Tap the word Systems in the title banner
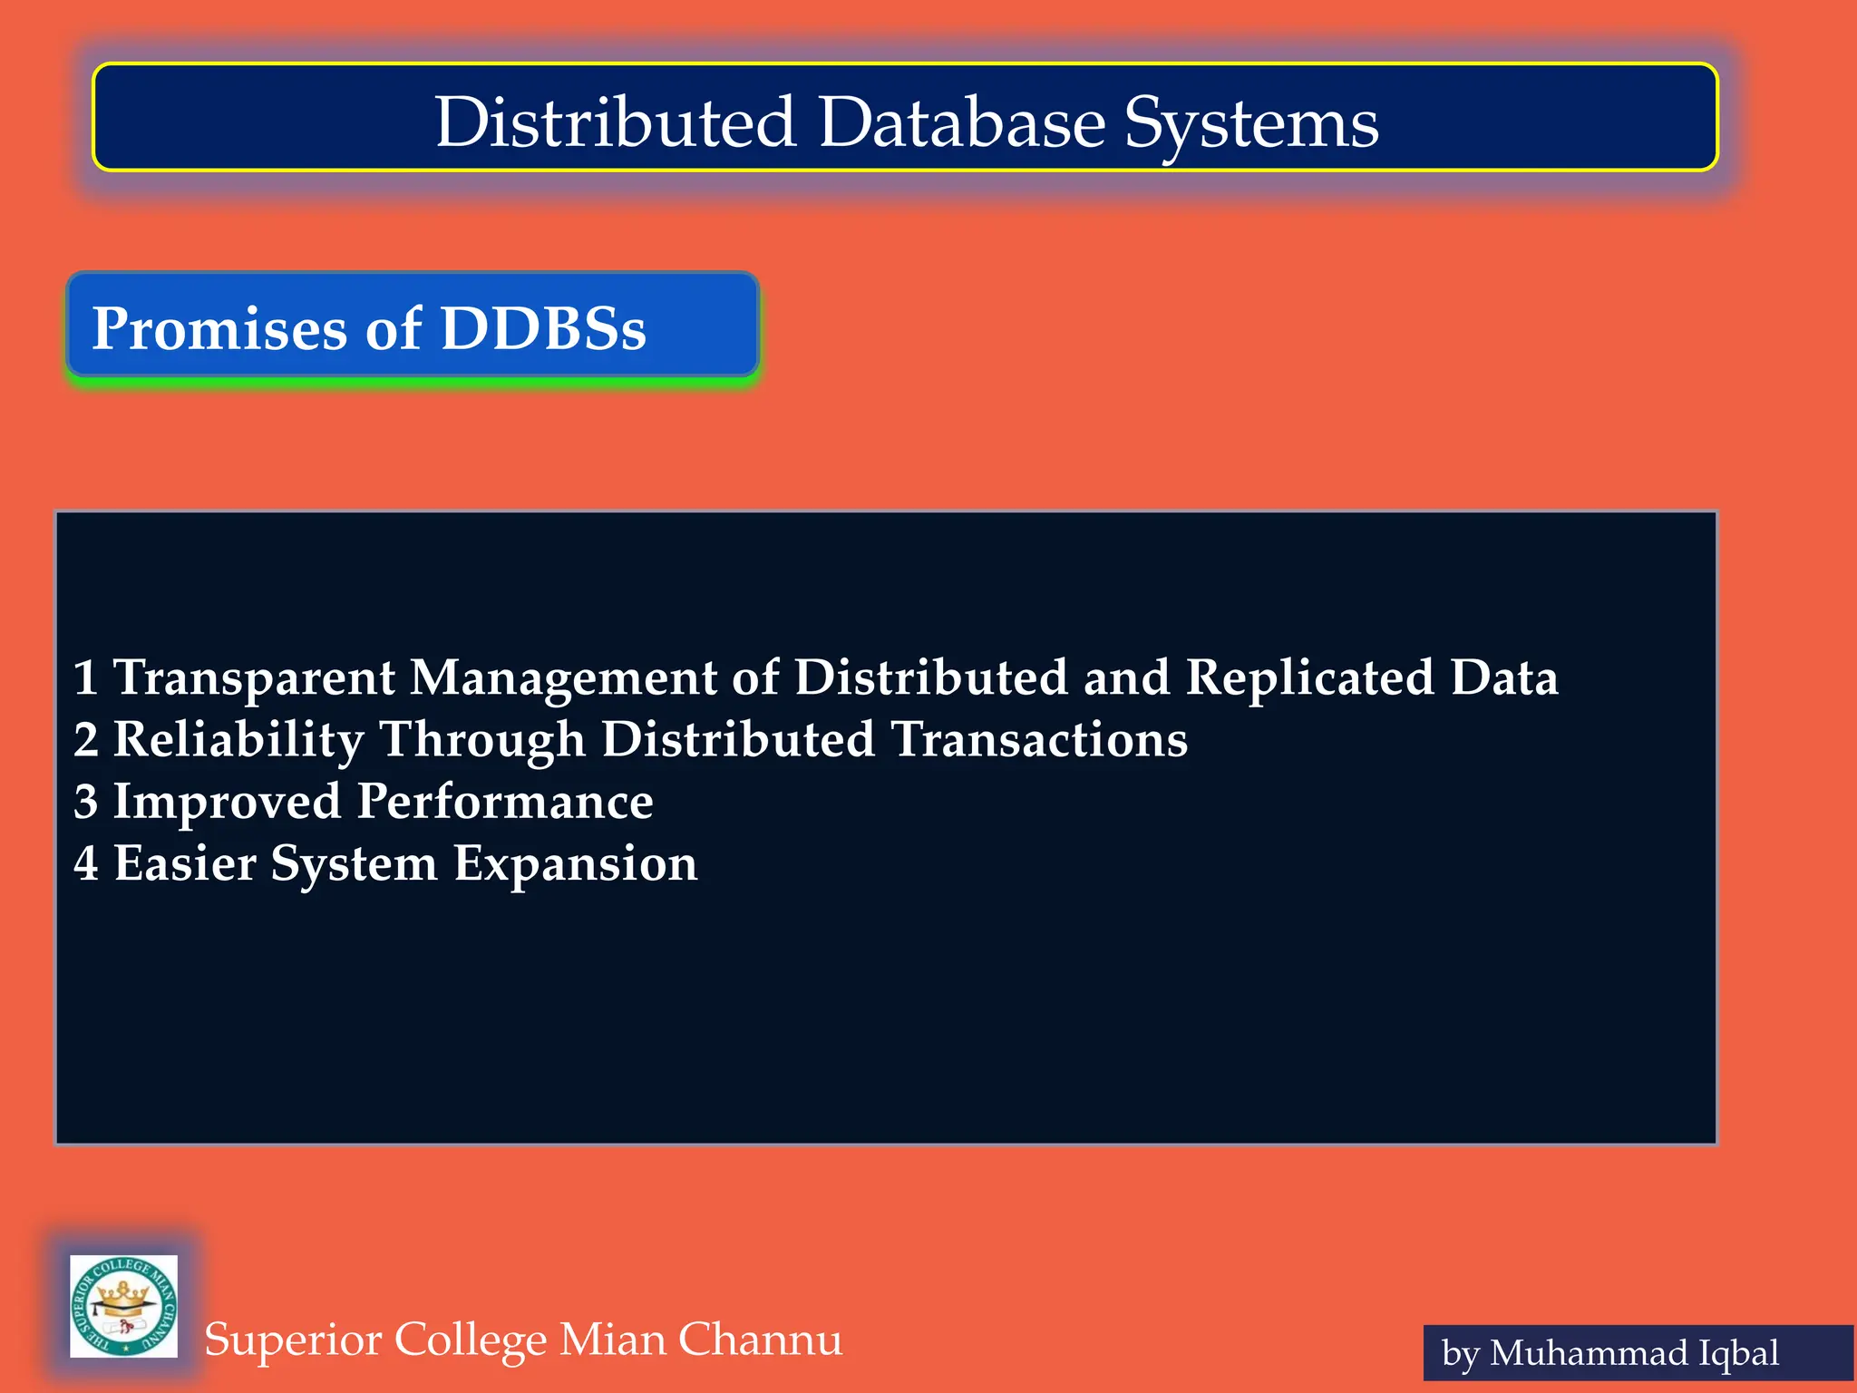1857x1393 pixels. click(x=1251, y=124)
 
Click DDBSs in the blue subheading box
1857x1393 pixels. click(x=543, y=328)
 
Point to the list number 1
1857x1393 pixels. click(x=86, y=678)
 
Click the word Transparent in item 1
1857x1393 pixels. click(x=254, y=678)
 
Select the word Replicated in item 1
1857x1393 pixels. click(x=1310, y=678)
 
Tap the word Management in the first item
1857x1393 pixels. click(x=563, y=678)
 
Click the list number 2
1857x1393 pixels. click(x=86, y=740)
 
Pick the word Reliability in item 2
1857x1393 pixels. click(x=238, y=740)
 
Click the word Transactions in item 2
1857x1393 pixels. click(x=1039, y=740)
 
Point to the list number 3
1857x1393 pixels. click(x=86, y=802)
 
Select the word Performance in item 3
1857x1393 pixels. click(x=505, y=802)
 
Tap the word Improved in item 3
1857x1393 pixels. click(x=227, y=802)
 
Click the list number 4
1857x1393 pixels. click(x=86, y=863)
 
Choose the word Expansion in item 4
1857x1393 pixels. click(x=575, y=863)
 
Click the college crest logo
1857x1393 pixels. click(x=123, y=1306)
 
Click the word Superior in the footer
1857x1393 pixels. click(x=292, y=1339)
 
